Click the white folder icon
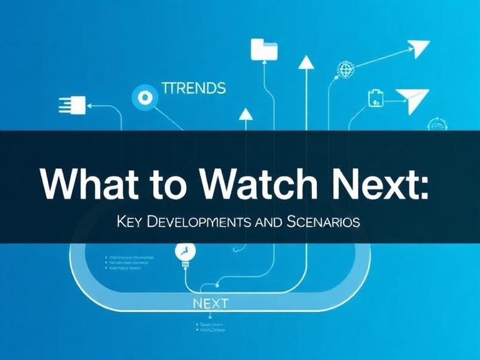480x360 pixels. (x=264, y=49)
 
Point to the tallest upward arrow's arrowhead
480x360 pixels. (x=306, y=62)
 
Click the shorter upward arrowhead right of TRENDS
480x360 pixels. (x=246, y=114)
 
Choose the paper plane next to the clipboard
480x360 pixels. (x=413, y=100)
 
